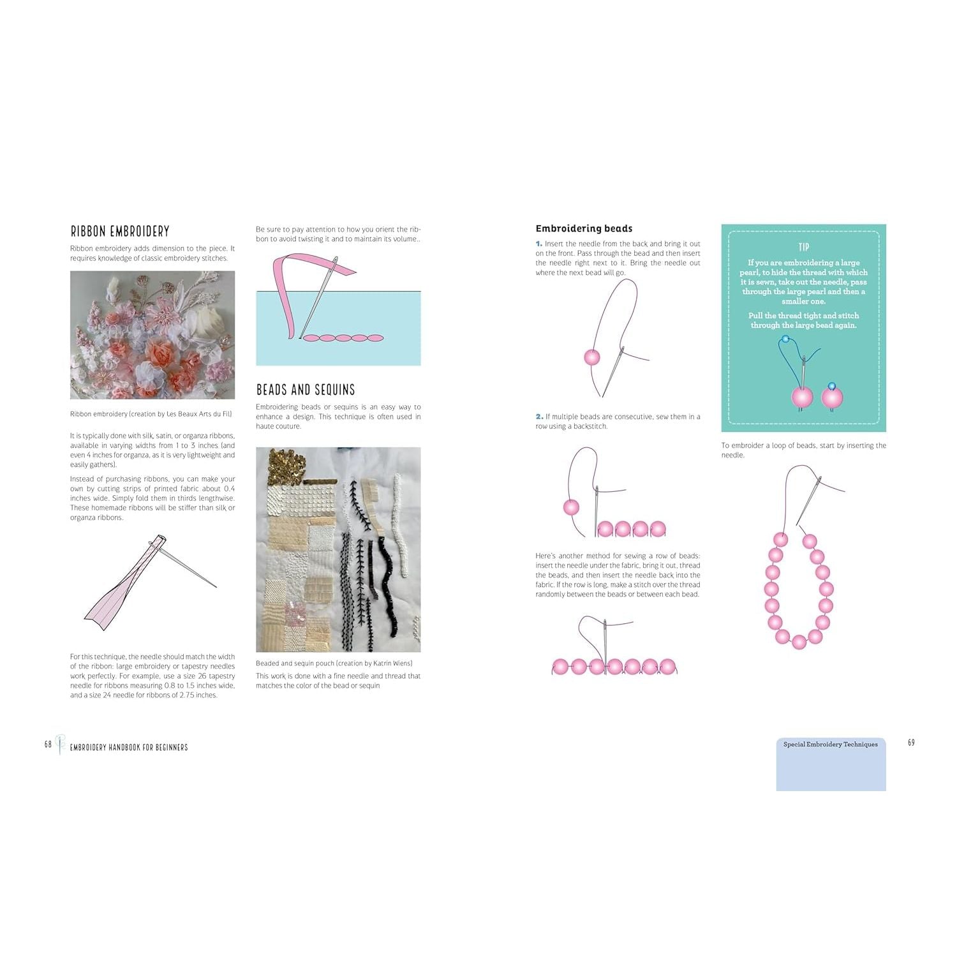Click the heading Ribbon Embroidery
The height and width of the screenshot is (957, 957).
point(120,231)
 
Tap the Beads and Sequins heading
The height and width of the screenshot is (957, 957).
point(305,390)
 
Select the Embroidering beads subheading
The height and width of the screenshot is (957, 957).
point(584,228)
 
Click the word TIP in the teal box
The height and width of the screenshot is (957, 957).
point(803,247)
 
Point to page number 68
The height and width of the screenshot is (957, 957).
point(48,744)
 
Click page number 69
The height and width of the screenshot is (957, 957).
point(911,742)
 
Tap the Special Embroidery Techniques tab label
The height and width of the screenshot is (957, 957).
point(830,745)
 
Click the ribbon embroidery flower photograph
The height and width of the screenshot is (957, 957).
point(152,335)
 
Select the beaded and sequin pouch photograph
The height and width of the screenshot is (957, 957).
point(338,549)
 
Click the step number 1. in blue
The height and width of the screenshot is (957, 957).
point(539,244)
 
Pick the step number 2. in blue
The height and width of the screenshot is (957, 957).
point(539,417)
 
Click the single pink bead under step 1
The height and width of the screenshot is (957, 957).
point(592,357)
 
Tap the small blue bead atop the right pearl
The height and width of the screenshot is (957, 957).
point(831,386)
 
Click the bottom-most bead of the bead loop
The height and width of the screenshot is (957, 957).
point(799,642)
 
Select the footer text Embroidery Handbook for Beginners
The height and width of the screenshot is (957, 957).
point(128,747)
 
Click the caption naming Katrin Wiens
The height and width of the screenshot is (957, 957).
point(334,664)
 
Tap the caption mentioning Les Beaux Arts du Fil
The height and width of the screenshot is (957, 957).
point(151,414)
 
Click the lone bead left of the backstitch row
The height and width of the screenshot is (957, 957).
point(571,508)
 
